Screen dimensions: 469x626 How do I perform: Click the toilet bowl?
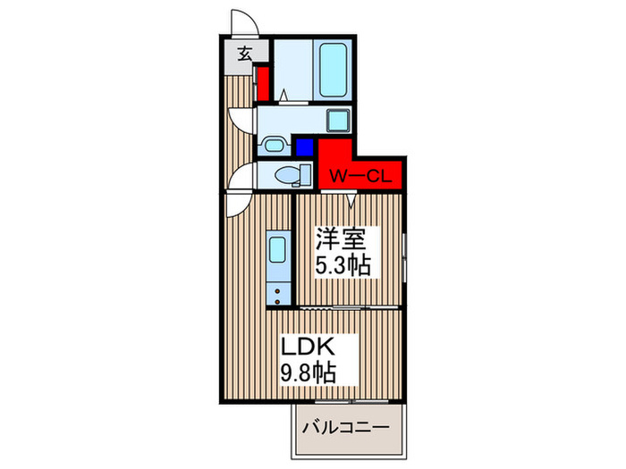tap(288, 174)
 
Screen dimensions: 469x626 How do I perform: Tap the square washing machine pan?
tap(336, 120)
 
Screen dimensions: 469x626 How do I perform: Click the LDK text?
tap(307, 345)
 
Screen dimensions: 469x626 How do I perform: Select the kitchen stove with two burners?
tap(277, 289)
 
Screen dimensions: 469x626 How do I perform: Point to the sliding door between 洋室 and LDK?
tap(349, 306)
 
